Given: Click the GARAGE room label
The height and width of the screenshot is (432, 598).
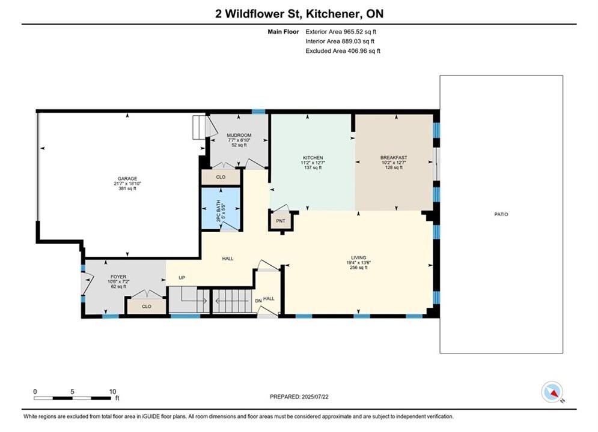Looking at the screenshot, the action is [x=127, y=179].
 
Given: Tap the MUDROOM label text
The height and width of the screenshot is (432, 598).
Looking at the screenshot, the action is [x=239, y=135].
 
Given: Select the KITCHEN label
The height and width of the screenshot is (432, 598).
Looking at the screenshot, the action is [x=313, y=158].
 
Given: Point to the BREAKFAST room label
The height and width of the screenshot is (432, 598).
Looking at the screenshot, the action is [x=394, y=158].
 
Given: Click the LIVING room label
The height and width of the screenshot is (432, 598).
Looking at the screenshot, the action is [x=358, y=257].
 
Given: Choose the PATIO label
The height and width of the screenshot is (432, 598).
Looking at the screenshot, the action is [x=501, y=214].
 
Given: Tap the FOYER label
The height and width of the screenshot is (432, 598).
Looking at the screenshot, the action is [x=118, y=277].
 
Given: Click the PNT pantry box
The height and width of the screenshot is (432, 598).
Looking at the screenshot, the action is [x=281, y=221].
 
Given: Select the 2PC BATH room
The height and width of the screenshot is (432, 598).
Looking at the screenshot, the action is [x=221, y=209].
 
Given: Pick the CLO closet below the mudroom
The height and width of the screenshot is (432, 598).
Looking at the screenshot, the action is [x=221, y=177].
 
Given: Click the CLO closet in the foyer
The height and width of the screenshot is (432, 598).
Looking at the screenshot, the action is [x=147, y=307].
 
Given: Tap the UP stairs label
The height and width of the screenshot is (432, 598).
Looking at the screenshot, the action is [x=182, y=277].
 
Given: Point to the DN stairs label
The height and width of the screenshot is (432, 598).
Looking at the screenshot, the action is [x=258, y=301].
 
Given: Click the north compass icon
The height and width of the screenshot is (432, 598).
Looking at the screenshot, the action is [x=552, y=392].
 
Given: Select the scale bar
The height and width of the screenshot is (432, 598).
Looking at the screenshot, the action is [x=72, y=398].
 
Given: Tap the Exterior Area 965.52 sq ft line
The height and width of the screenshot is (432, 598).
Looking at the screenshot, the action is [x=341, y=32].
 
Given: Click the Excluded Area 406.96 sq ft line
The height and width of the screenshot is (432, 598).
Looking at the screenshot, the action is [x=343, y=51].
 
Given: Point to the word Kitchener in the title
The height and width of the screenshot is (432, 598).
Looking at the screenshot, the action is [x=332, y=14].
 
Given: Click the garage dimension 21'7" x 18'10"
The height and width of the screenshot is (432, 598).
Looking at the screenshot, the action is [x=127, y=184].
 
